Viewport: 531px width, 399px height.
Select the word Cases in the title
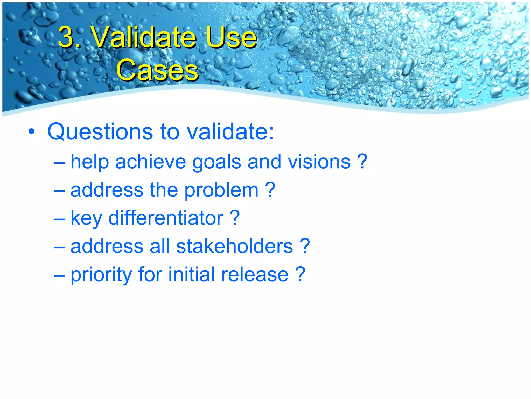[157, 70]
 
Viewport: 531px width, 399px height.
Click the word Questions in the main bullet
[100, 132]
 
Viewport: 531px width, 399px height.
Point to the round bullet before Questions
[31, 132]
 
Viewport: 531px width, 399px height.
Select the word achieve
[151, 162]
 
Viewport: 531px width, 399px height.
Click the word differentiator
[166, 218]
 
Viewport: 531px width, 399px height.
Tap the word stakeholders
[235, 246]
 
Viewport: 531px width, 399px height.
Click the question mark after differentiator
[235, 218]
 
